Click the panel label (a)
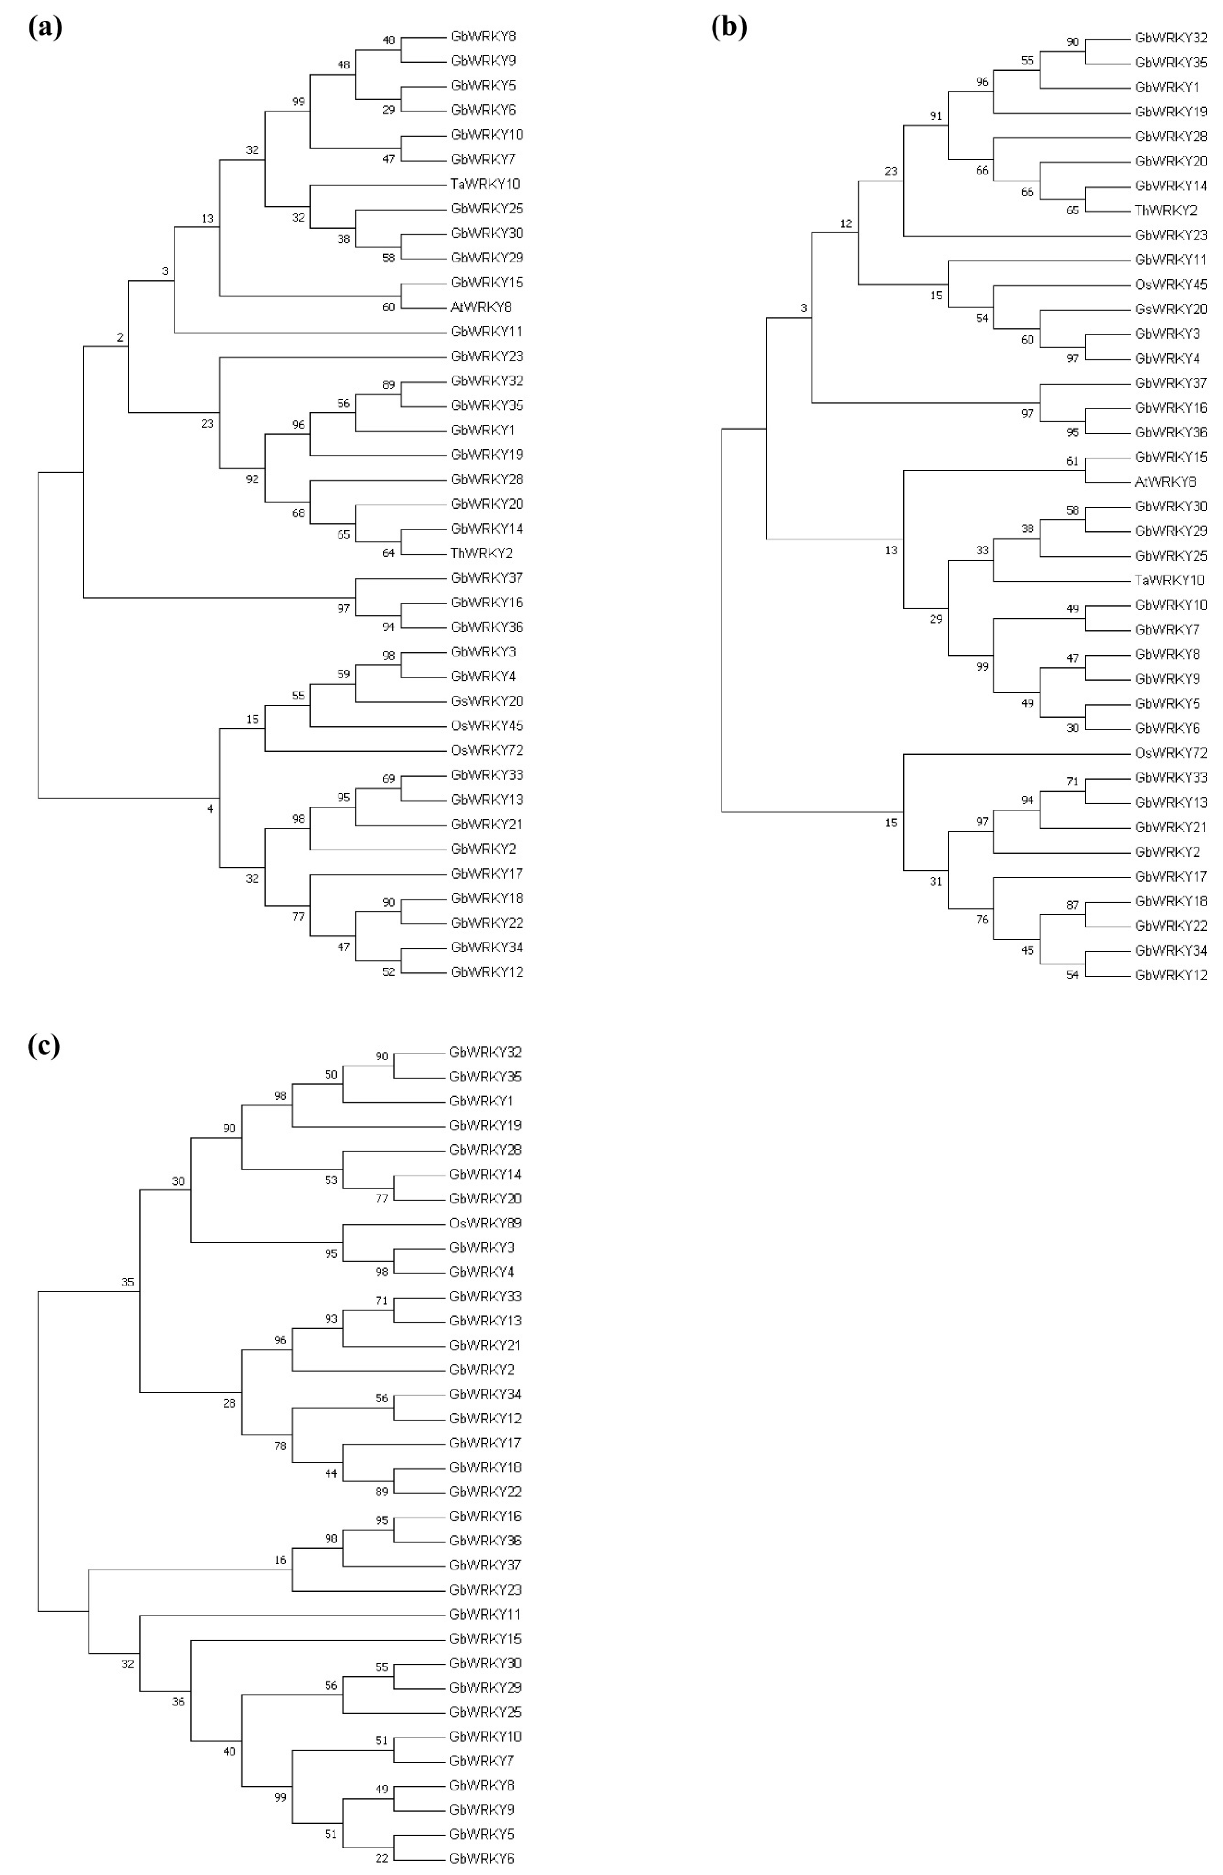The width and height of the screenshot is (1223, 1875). click(45, 27)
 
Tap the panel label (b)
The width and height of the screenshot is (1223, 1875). click(729, 27)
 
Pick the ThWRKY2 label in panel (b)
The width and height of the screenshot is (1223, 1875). click(1165, 210)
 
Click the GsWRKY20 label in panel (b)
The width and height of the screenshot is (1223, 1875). click(1170, 309)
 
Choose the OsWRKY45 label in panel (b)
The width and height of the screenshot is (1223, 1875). click(1170, 284)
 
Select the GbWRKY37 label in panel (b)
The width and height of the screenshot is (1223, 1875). click(1170, 383)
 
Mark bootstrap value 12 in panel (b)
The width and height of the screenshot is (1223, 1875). click(846, 224)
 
